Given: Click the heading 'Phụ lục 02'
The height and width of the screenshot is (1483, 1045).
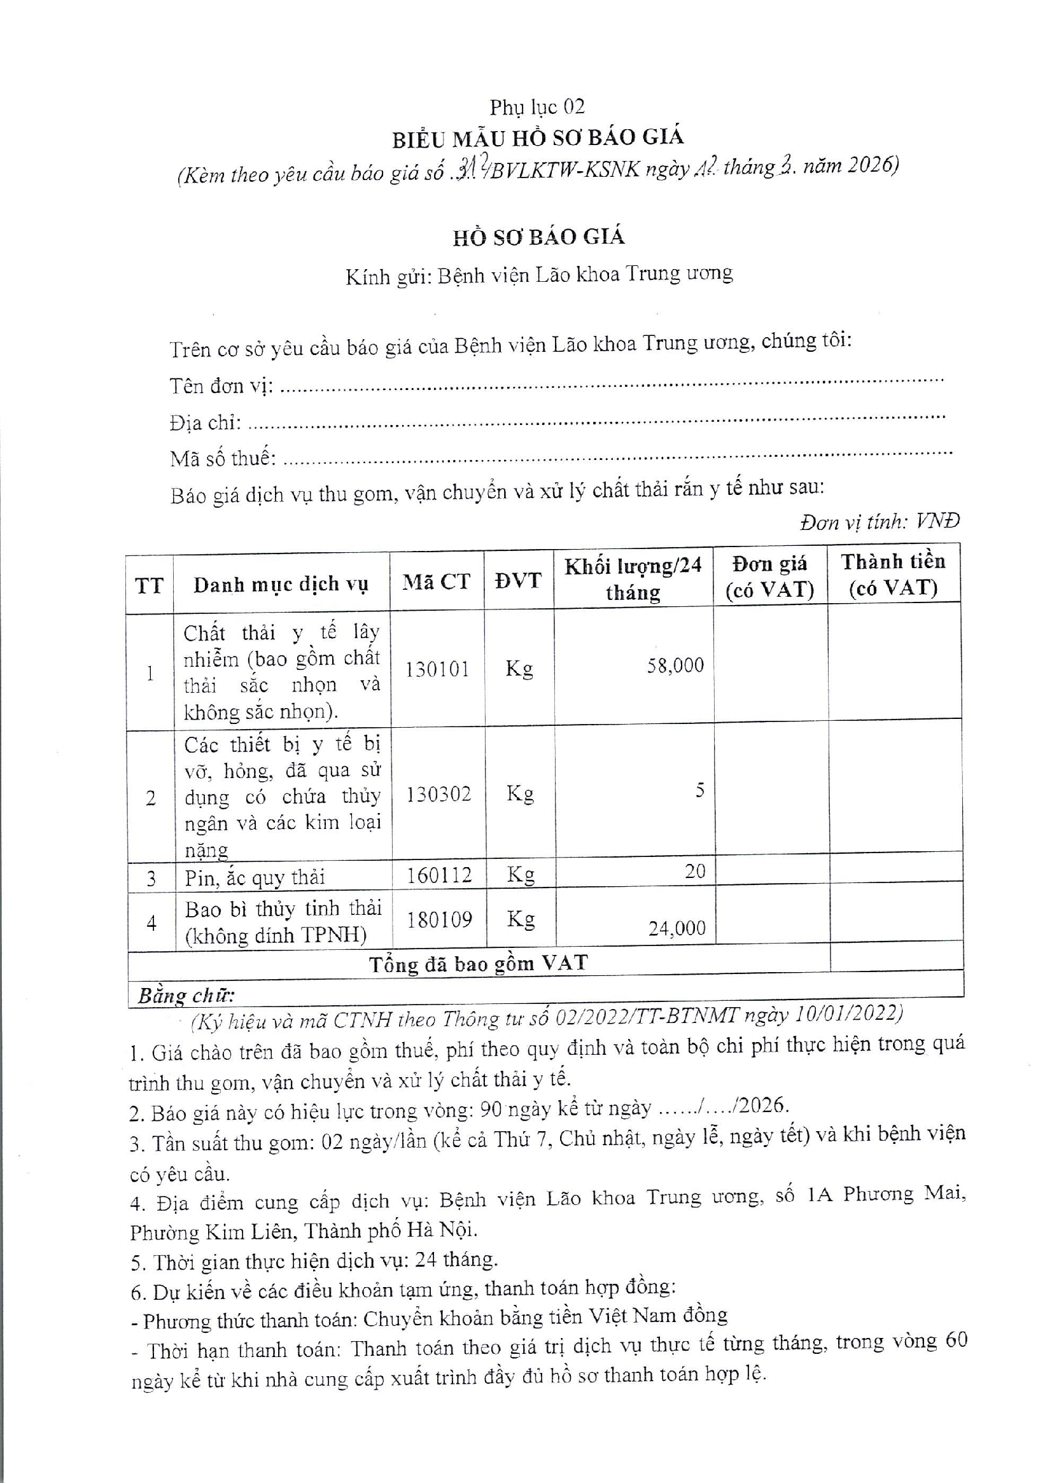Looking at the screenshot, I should pos(537,107).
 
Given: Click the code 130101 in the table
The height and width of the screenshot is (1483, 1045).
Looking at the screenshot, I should pos(437,669).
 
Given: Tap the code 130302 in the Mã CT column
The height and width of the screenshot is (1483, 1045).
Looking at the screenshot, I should pos(438,794).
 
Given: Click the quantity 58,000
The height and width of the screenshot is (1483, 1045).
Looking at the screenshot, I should pos(675,665).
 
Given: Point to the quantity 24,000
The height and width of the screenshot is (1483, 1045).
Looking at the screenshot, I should pos(677,928).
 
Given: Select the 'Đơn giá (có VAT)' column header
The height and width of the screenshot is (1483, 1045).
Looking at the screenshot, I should pos(769,577).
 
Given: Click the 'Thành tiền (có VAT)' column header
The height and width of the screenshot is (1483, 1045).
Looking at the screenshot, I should pos(893,574).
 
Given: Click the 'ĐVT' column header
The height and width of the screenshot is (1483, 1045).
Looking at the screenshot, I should pos(517,580).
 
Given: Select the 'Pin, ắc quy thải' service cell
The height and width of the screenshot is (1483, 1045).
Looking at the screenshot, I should pos(255,877).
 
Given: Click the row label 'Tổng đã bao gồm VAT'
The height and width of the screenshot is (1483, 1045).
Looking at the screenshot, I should pos(478,964).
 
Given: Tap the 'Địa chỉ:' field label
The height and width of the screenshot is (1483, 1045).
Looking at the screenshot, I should pos(206,423).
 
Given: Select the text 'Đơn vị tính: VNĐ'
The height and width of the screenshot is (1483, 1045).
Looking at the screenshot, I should pos(879,521).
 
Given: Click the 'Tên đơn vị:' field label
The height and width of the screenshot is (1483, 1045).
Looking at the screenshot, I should pos(221,386).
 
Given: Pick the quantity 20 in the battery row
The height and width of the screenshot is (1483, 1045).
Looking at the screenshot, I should pos(695,872).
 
